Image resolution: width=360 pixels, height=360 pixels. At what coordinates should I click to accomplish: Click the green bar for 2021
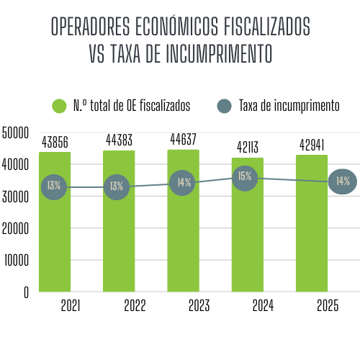(55, 238)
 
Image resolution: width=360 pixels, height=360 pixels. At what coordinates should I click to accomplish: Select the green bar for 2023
(183, 238)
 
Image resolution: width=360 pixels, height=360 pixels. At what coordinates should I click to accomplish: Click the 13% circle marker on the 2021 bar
(54, 186)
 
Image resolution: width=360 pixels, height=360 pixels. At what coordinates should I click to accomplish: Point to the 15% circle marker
(245, 176)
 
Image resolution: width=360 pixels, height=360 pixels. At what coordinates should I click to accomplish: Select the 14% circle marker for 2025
(342, 181)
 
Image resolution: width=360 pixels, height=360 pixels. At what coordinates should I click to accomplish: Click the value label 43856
(55, 142)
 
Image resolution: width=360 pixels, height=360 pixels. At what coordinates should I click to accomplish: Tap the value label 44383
(119, 140)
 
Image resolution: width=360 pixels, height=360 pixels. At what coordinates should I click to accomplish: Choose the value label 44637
(183, 139)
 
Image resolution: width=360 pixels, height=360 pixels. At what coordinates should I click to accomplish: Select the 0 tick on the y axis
(24, 292)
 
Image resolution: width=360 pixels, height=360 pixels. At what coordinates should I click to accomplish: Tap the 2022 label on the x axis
(135, 306)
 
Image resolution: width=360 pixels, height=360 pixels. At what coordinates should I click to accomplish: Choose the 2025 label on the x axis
(328, 306)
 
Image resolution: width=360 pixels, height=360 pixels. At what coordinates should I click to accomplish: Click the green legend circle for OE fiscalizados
(60, 106)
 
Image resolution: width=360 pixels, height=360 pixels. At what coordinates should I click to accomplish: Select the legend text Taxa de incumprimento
(289, 106)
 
